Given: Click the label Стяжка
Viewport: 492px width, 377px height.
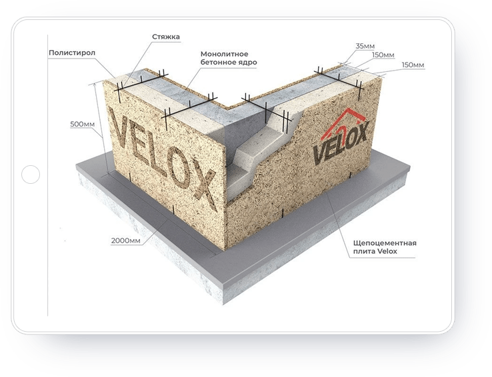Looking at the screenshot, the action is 166,37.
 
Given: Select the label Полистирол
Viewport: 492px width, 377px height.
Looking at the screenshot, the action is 72,53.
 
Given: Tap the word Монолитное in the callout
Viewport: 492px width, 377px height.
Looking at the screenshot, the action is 225,54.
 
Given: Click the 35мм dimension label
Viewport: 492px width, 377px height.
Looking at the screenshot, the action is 365,46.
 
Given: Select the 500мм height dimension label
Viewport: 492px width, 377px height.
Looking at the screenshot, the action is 82,124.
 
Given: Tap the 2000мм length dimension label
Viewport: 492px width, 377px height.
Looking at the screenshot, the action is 126,240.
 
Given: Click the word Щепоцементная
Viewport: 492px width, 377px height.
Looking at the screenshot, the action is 385,243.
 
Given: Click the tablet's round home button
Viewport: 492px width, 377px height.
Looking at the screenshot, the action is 31,174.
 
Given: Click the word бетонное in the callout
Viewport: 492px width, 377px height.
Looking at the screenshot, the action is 217,63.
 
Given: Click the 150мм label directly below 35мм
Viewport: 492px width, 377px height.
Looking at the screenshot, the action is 383,55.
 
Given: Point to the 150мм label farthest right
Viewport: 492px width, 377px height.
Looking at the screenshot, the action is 413,65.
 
